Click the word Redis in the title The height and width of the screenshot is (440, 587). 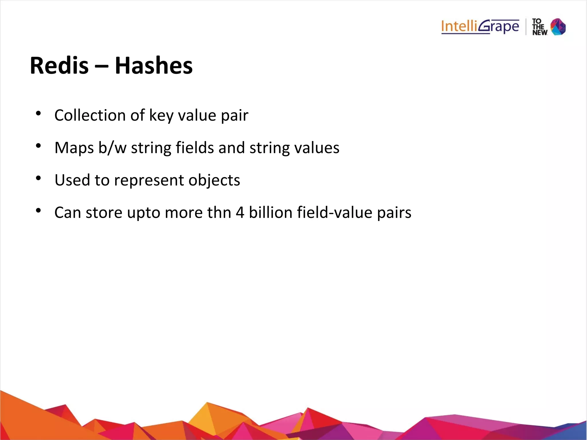[59, 66]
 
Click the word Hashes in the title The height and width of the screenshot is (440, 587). [154, 66]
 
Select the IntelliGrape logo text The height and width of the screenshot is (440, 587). [480, 27]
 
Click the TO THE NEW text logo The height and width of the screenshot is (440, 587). [539, 27]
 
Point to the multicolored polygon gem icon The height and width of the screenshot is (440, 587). [558, 27]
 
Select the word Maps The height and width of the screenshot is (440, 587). [74, 148]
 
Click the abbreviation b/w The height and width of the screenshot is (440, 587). [112, 148]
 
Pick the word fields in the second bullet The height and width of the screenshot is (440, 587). [195, 148]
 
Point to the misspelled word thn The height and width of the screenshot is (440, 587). [219, 213]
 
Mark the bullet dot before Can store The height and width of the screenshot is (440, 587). [38, 211]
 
